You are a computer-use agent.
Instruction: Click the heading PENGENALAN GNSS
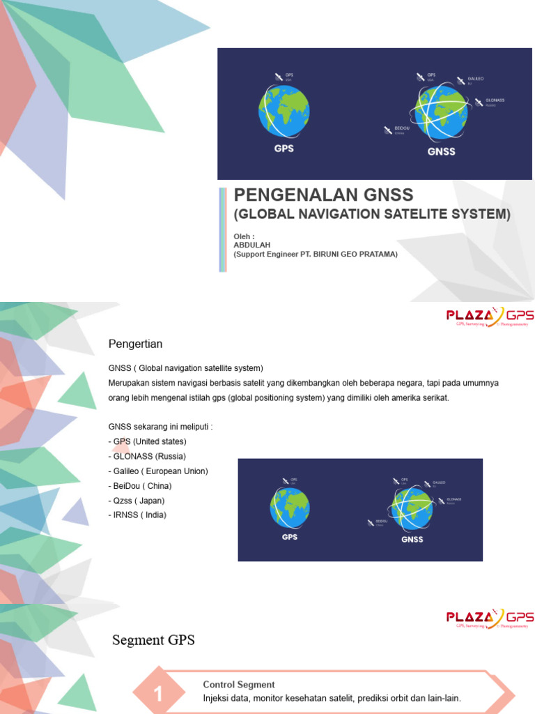pyautogui.click(x=323, y=195)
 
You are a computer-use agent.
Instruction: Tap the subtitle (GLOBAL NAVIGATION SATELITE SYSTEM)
pyautogui.click(x=372, y=214)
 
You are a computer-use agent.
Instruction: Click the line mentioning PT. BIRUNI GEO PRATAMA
pyautogui.click(x=316, y=255)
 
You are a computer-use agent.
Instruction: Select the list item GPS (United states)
pyautogui.click(x=148, y=441)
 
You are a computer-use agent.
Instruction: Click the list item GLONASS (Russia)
pyautogui.click(x=147, y=456)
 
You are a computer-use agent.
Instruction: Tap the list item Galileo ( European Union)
pyautogui.click(x=158, y=471)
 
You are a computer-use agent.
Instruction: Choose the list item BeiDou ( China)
pyautogui.click(x=140, y=486)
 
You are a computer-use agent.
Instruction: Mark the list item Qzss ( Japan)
pyautogui.click(x=137, y=501)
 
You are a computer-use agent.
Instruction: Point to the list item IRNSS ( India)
pyautogui.click(x=137, y=515)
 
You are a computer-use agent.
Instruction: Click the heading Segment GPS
pyautogui.click(x=153, y=640)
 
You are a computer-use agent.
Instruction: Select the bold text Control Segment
pyautogui.click(x=238, y=685)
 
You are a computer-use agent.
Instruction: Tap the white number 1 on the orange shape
pyautogui.click(x=159, y=694)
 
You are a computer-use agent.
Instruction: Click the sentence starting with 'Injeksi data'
pyautogui.click(x=332, y=698)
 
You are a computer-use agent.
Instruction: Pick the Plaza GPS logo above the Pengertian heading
pyautogui.click(x=490, y=317)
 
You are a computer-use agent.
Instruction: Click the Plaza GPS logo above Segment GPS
pyautogui.click(x=490, y=618)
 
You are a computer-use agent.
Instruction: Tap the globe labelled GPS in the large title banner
pyautogui.click(x=284, y=112)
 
